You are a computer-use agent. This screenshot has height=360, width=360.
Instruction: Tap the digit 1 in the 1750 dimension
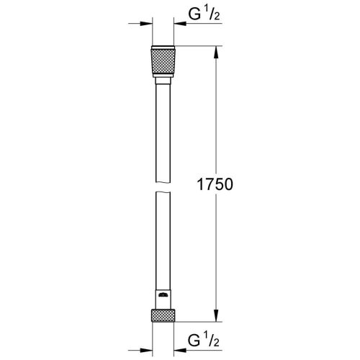pyautogui.click(x=200, y=185)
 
